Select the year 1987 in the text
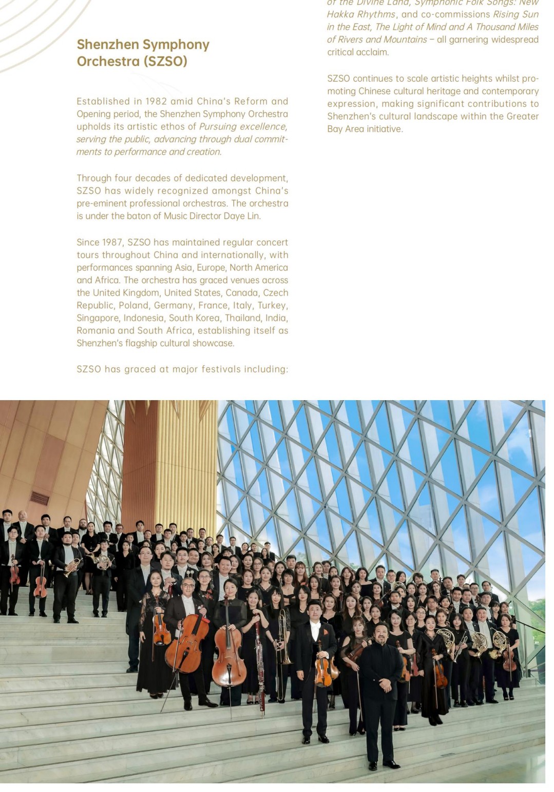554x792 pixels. click(111, 242)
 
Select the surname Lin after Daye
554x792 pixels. click(254, 216)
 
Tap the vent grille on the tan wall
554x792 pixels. click(39, 498)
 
